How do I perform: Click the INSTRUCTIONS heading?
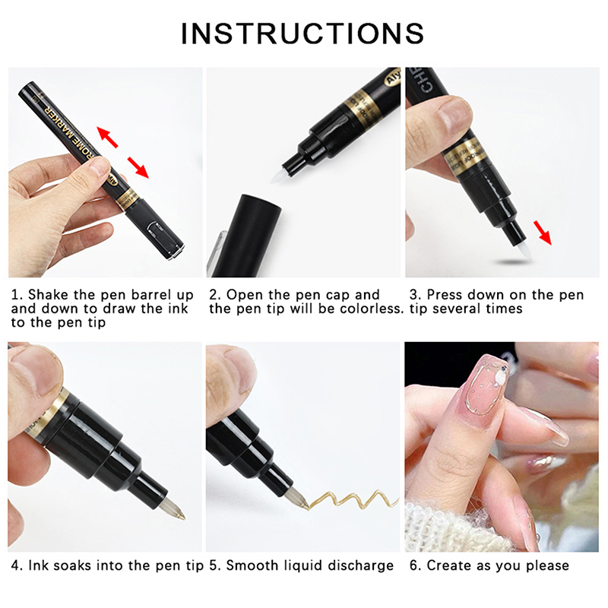point(302,33)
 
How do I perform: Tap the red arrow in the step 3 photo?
point(542,233)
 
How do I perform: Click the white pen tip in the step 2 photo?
point(278,175)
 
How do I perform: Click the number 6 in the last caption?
point(413,565)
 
